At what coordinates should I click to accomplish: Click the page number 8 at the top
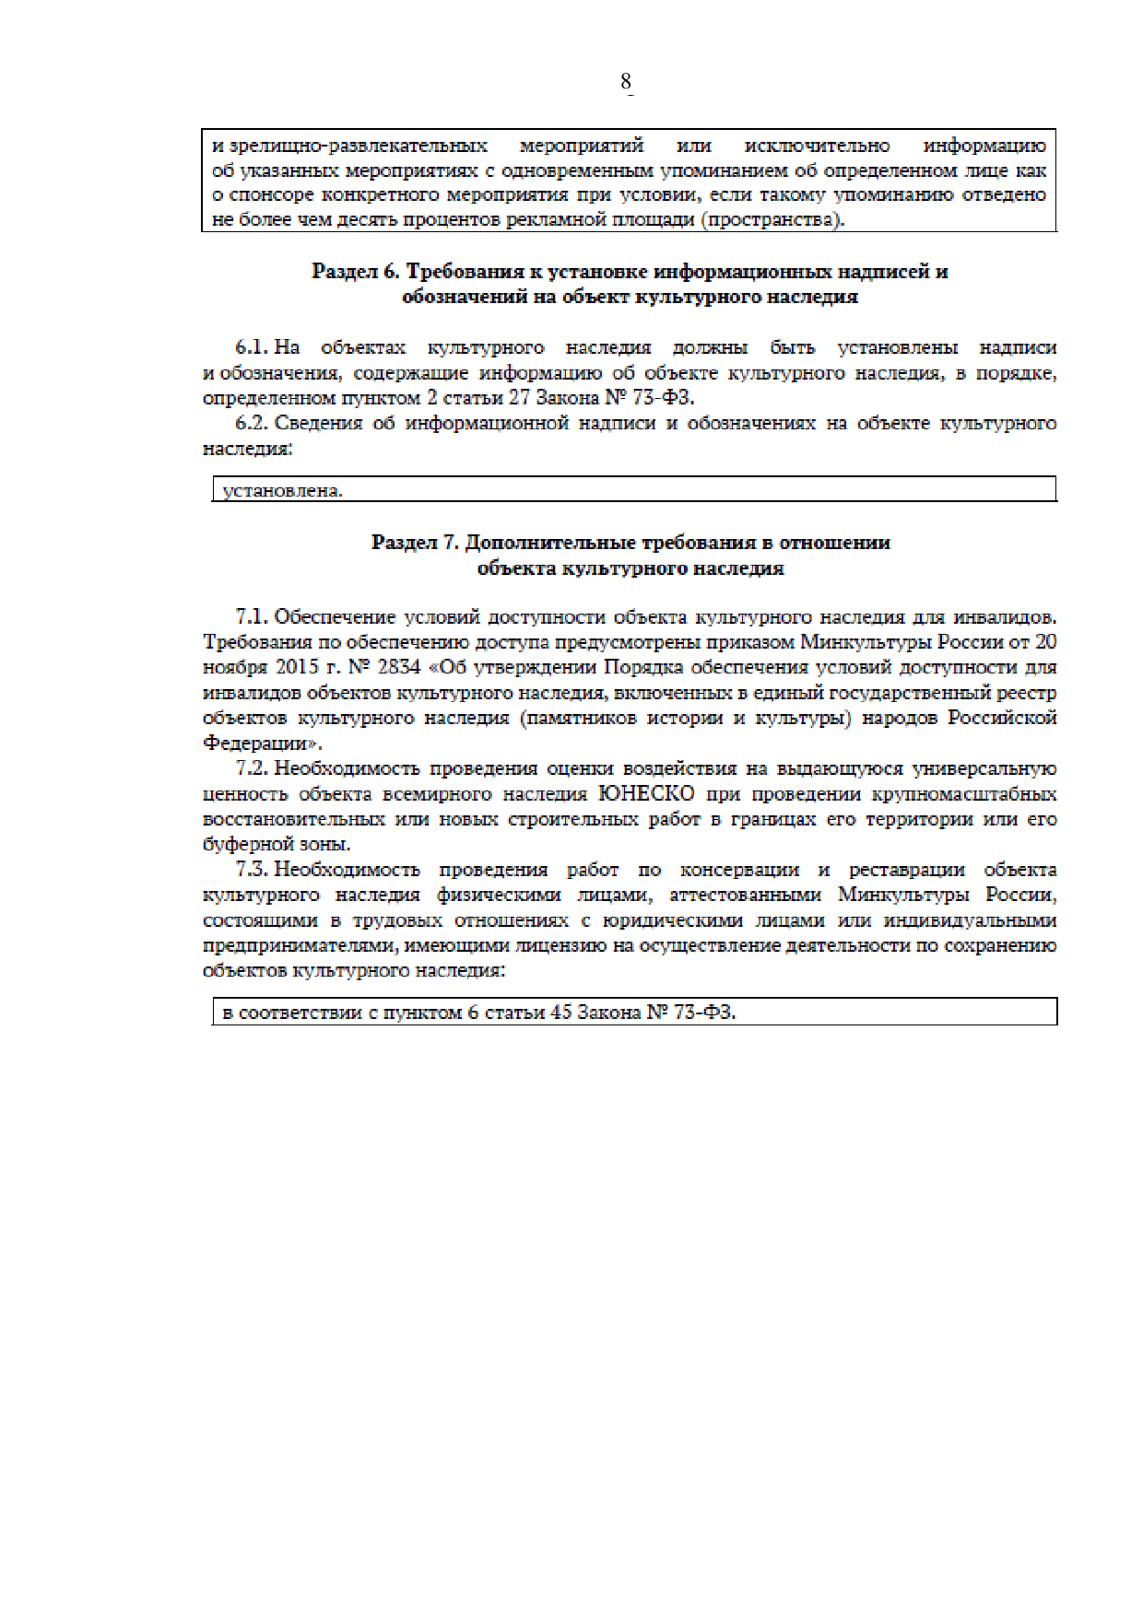point(626,82)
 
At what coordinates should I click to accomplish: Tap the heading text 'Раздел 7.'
point(415,543)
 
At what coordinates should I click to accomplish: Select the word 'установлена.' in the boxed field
point(282,491)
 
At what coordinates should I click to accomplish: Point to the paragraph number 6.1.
point(252,348)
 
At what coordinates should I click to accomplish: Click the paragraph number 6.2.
point(252,424)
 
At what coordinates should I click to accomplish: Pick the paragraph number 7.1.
point(252,617)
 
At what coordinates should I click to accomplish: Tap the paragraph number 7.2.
point(252,768)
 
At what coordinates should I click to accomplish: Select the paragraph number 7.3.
point(252,870)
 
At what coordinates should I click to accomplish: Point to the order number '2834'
point(399,667)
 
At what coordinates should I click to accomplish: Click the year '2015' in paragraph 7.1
point(297,667)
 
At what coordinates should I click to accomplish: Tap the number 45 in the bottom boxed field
point(560,1013)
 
